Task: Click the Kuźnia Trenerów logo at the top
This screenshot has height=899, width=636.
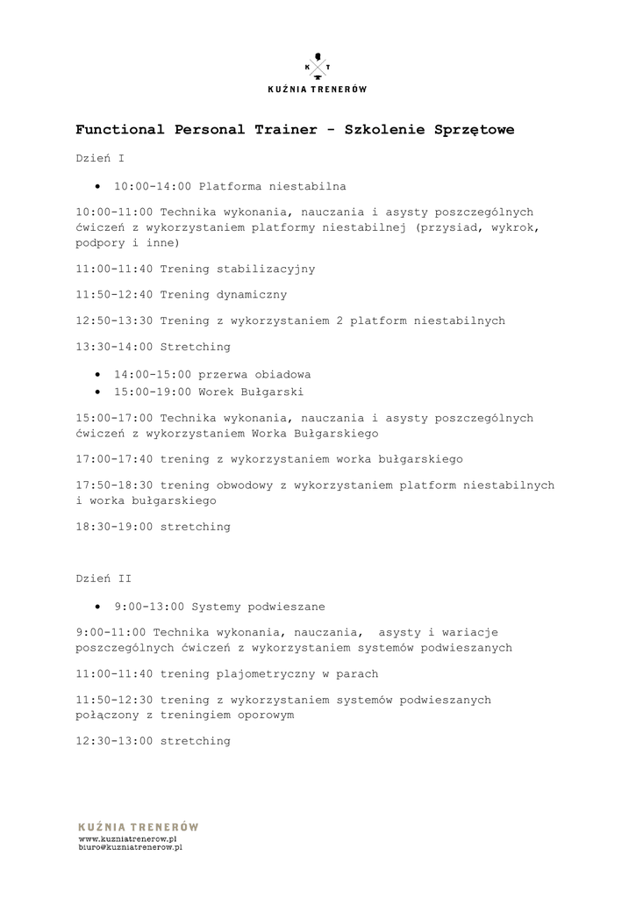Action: pos(317,74)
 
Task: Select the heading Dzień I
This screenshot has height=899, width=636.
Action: pos(100,159)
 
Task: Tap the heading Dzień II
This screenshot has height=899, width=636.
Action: pos(104,579)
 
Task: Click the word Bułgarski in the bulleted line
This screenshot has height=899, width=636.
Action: pos(272,392)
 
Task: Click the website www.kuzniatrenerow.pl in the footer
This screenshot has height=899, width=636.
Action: pos(128,839)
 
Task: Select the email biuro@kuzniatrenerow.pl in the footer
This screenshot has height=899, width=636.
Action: pos(130,848)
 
